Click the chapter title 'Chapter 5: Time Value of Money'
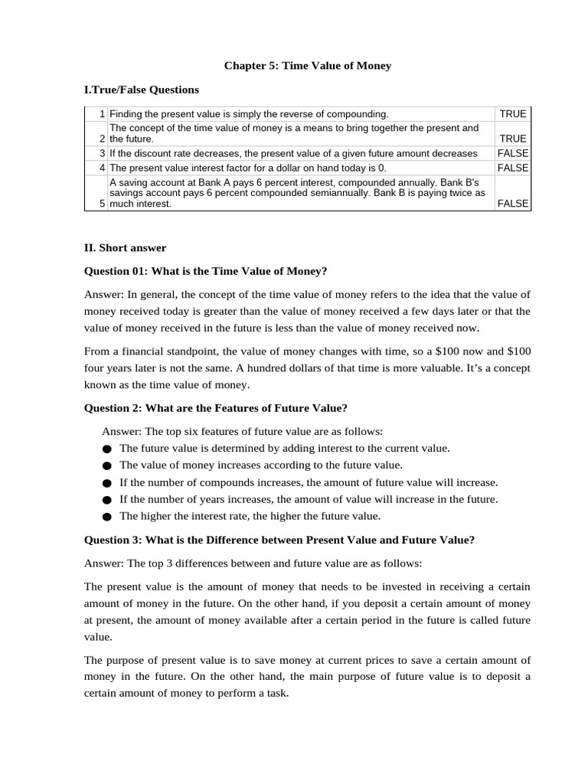307,66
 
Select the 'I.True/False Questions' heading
141,90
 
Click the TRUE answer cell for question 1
512,114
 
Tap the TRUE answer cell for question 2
512,139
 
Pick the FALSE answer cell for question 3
512,153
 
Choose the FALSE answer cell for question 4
512,167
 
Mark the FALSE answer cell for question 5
512,204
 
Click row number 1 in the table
101,114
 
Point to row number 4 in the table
101,167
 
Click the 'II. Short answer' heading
125,248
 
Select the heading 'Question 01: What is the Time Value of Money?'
205,271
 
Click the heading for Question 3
279,540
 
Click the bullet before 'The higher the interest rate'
106,517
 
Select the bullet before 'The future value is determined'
106,449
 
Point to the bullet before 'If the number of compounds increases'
106,483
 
